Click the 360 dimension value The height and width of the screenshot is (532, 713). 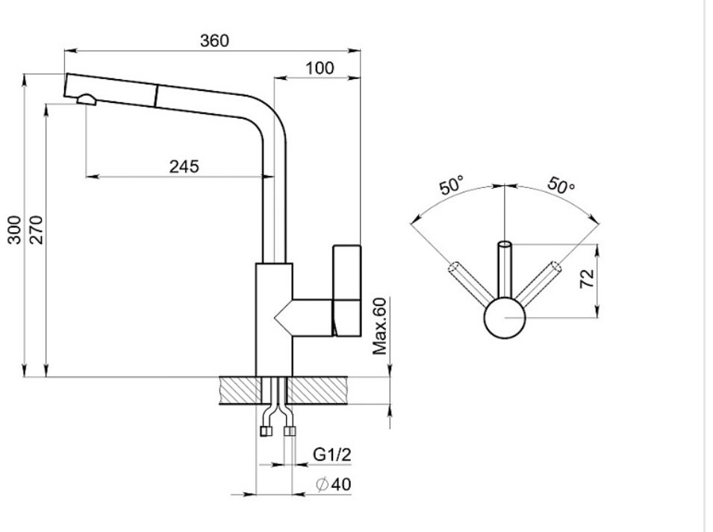click(x=214, y=41)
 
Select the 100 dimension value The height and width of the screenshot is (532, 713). click(x=320, y=68)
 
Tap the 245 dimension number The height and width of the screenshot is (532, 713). click(x=184, y=166)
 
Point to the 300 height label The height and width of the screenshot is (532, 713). click(x=14, y=230)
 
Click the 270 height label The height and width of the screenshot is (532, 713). click(x=37, y=230)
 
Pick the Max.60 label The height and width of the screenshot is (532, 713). click(x=379, y=326)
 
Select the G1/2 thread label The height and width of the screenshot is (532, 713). click(x=332, y=454)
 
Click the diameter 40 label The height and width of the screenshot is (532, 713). click(x=334, y=484)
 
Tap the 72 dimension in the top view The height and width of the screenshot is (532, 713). click(x=587, y=278)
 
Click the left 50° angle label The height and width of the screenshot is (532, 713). click(x=452, y=185)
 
